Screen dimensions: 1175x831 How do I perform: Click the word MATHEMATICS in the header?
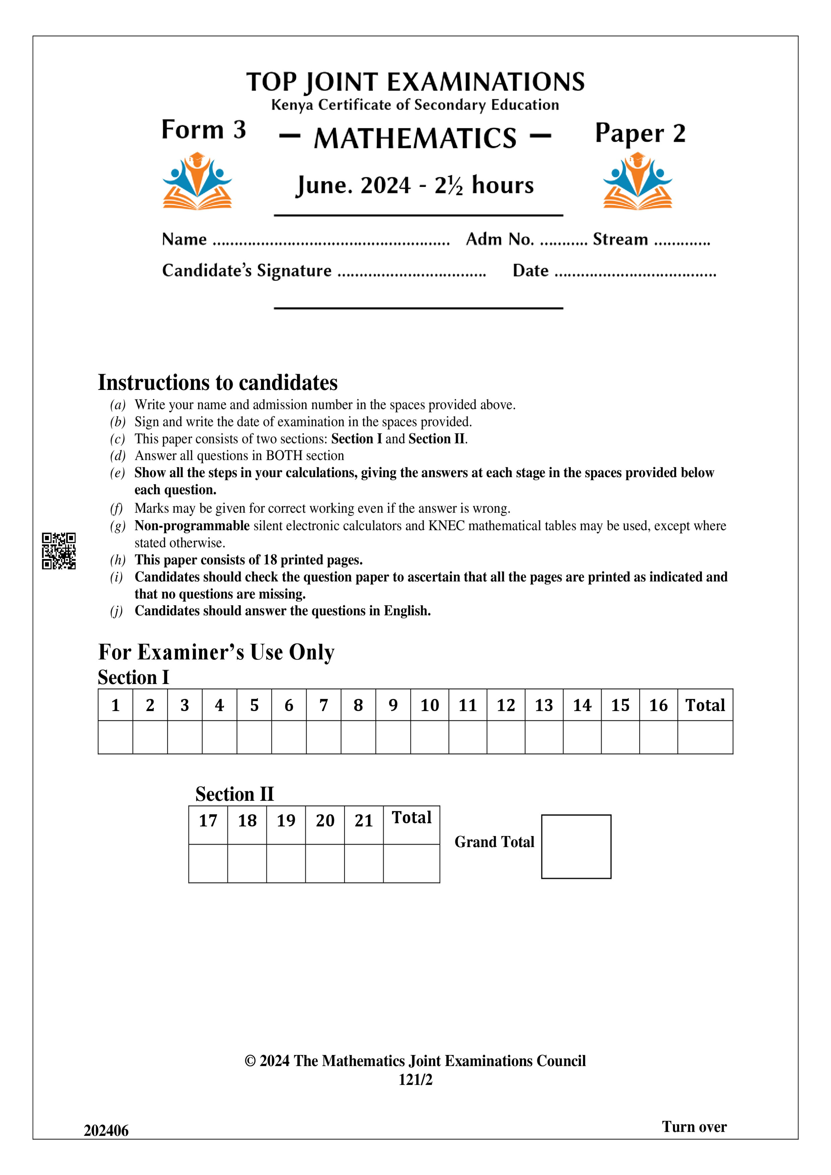coord(415,138)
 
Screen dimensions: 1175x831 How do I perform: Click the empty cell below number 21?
coord(364,863)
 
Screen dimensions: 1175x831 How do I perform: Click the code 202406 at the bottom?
coord(106,1130)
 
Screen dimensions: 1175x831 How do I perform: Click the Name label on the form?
coord(184,239)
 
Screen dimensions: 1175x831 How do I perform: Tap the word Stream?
coord(620,239)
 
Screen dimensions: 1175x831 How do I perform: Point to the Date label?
coord(530,270)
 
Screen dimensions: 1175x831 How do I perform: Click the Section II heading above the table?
coord(235,794)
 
